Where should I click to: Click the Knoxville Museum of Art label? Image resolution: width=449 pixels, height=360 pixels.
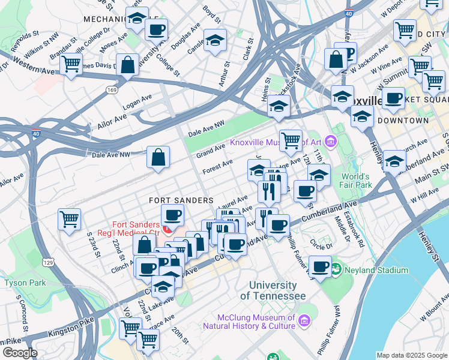[276, 142]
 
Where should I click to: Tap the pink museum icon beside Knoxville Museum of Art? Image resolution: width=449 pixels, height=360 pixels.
[331, 142]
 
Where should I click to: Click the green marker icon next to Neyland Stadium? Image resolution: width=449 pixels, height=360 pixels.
[336, 269]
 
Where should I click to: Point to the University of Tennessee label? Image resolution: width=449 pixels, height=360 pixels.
[273, 291]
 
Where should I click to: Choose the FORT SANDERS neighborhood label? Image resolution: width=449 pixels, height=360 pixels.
[182, 200]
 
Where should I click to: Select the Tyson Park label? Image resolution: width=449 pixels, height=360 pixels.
[25, 282]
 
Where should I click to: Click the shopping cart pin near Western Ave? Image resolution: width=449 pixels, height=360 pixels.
[71, 63]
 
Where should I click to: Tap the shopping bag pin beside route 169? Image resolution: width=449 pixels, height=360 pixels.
[128, 65]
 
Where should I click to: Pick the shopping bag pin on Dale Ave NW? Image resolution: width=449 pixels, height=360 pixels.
[158, 157]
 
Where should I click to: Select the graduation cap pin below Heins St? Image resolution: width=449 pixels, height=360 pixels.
[279, 106]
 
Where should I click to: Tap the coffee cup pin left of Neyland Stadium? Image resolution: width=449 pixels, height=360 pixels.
[320, 266]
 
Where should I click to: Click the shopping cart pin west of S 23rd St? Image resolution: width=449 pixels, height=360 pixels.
[69, 218]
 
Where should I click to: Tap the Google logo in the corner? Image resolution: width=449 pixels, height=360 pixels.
[19, 353]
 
